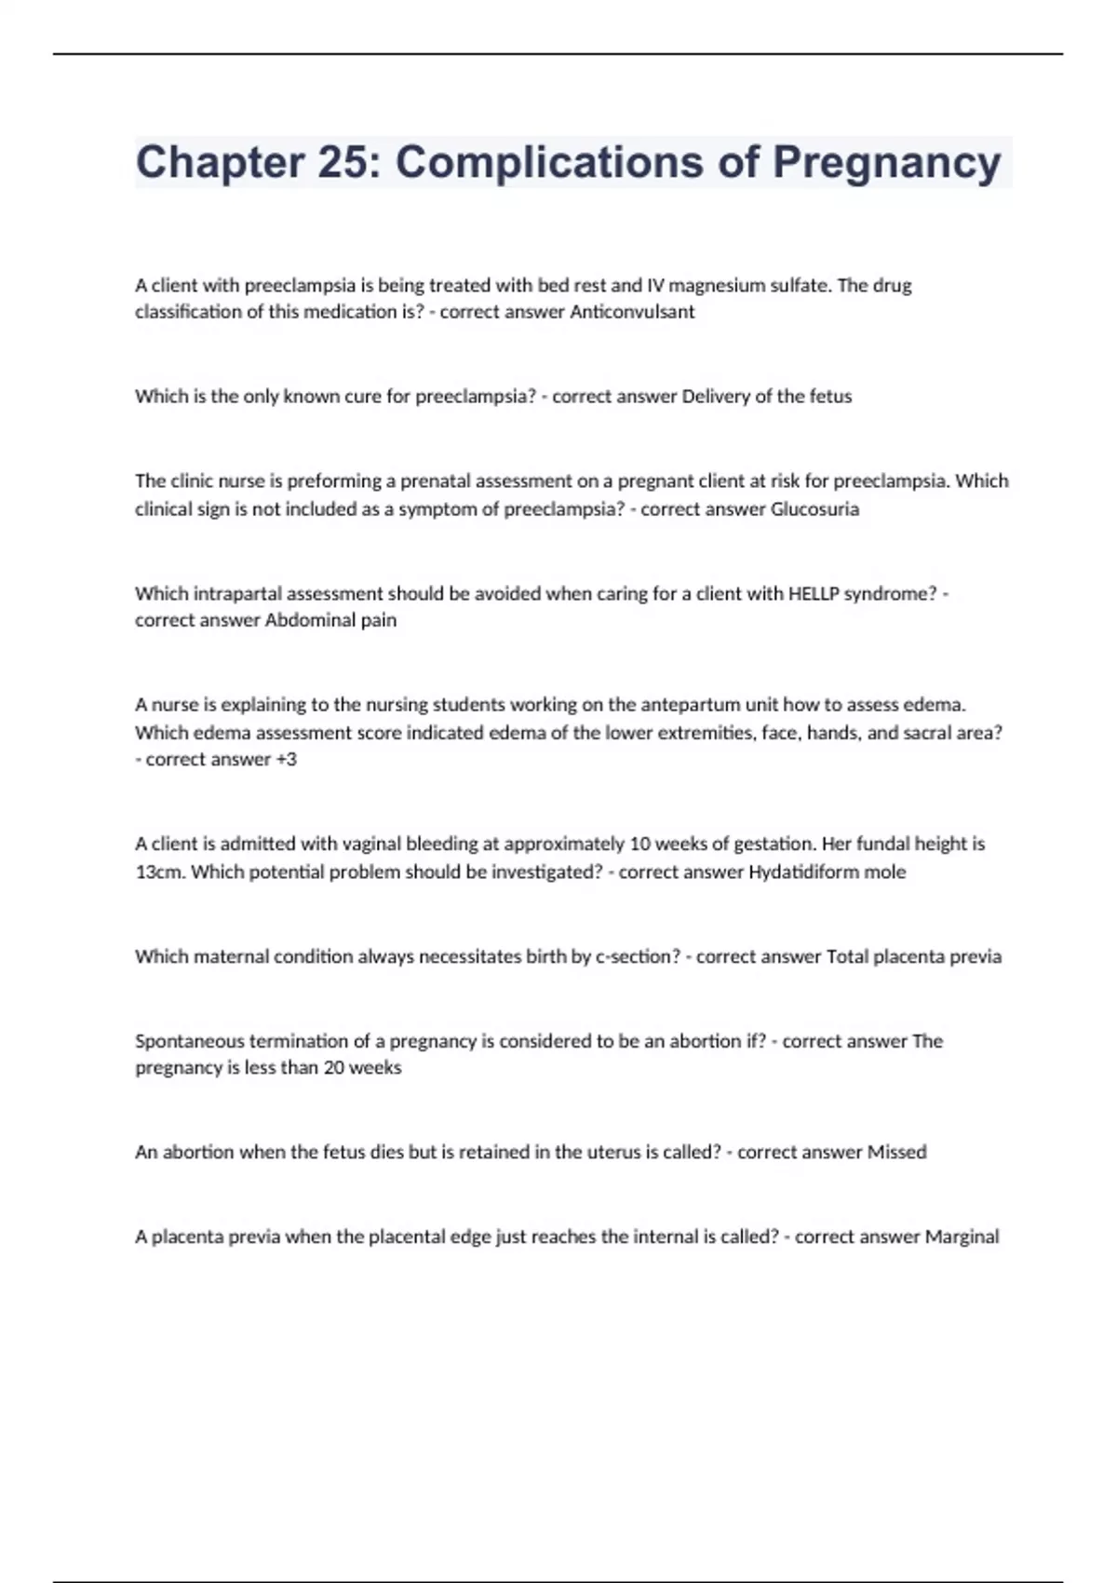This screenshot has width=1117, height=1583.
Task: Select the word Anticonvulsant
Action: (x=632, y=312)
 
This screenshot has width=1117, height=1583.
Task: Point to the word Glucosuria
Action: (x=814, y=508)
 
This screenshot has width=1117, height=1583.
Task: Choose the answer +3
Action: (x=286, y=759)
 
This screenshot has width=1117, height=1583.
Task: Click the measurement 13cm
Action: (x=159, y=872)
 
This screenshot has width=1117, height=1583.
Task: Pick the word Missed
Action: (x=896, y=1152)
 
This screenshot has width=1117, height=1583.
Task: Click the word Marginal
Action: (x=962, y=1237)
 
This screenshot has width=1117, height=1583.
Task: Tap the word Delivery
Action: (x=715, y=396)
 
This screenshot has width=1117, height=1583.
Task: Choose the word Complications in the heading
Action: (x=548, y=162)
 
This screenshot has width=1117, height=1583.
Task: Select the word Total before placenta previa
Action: (x=847, y=956)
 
